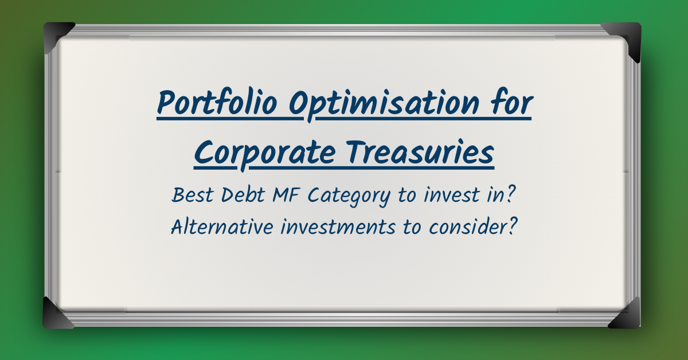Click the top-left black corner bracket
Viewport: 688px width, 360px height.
pos(57,36)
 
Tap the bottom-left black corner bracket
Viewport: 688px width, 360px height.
pos(57,314)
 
